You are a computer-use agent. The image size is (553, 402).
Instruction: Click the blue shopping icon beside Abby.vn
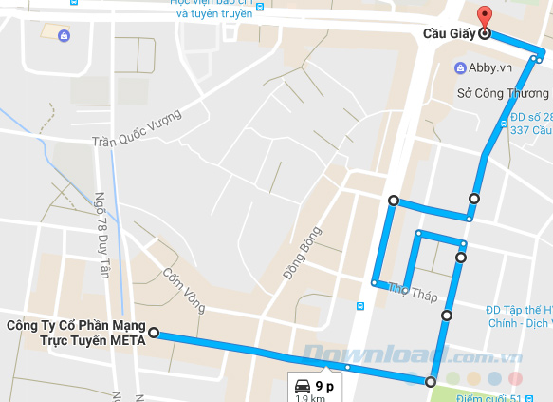click(x=461, y=67)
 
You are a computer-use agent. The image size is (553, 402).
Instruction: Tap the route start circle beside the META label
click(x=154, y=334)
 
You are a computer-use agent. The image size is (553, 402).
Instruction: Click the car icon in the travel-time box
click(x=302, y=386)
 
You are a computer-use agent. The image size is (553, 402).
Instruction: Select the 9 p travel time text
click(x=325, y=386)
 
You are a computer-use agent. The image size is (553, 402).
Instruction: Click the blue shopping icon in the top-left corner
click(x=63, y=36)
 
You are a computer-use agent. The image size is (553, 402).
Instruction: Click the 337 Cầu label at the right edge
click(x=530, y=130)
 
